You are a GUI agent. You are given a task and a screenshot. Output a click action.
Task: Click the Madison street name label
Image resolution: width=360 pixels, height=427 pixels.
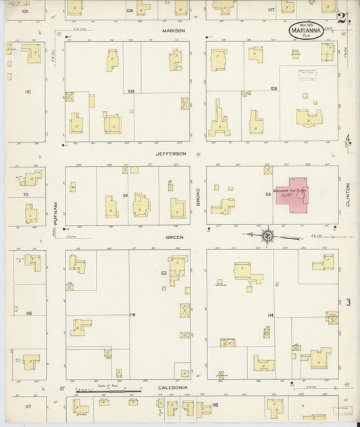pyautogui.click(x=174, y=31)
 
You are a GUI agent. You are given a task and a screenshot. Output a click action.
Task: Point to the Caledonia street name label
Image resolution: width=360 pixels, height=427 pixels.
pyautogui.click(x=173, y=388)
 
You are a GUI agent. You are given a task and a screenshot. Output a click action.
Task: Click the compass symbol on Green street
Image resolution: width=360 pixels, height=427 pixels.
pyautogui.click(x=267, y=236)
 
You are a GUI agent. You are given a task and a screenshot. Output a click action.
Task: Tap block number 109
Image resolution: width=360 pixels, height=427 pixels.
pyautogui.click(x=131, y=91)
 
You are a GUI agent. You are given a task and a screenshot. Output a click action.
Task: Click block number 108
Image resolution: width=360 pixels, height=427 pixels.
pyautogui.click(x=274, y=89)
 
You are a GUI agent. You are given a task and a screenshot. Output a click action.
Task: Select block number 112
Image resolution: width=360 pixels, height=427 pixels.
pyautogui.click(x=125, y=195)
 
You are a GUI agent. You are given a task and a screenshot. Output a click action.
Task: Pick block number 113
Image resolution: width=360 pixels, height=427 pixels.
pyautogui.click(x=269, y=195)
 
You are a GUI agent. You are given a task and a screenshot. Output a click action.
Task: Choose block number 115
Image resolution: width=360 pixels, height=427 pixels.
pyautogui.click(x=132, y=315)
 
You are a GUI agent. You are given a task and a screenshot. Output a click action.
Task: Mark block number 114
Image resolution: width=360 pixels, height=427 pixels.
pyautogui.click(x=269, y=316)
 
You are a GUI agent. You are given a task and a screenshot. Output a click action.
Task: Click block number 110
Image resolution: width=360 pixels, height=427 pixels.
pyautogui.click(x=28, y=91)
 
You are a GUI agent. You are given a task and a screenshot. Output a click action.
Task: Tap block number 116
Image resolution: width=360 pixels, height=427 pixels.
pyautogui.click(x=28, y=313)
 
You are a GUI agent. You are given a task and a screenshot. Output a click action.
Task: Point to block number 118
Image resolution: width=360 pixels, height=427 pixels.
pyautogui.click(x=215, y=405)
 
